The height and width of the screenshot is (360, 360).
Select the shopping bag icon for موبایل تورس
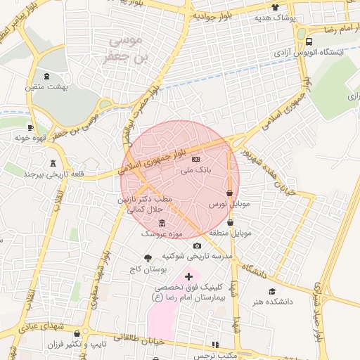(230, 193)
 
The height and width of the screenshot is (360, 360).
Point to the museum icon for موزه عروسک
(162, 223)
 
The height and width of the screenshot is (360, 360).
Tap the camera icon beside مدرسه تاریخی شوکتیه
(197, 245)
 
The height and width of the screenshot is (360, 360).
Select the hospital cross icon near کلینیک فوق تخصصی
(188, 276)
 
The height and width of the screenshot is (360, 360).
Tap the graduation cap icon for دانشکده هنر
(271, 292)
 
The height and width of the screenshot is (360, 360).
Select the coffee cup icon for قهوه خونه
(30, 127)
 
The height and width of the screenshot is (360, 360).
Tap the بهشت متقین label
(46, 86)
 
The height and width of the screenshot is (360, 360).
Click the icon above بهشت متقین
(46, 76)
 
